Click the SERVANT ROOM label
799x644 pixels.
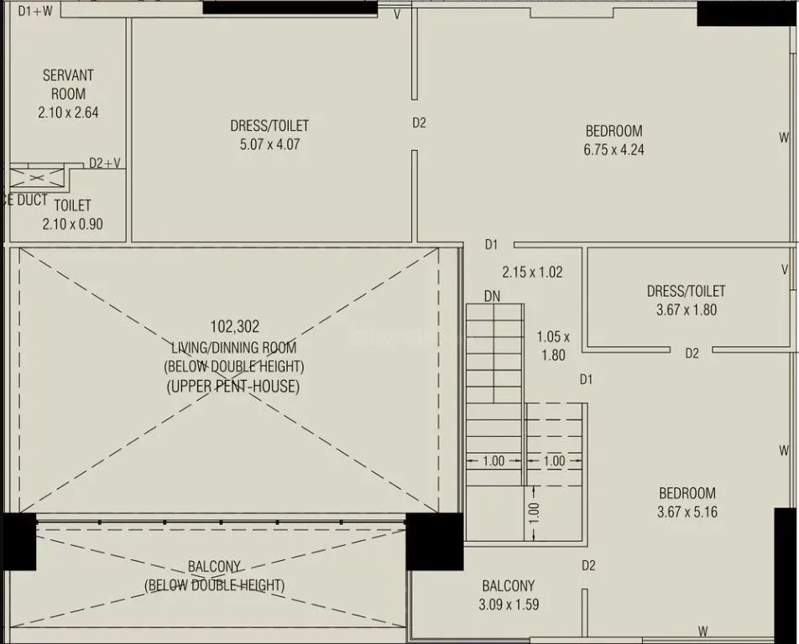point(68,85)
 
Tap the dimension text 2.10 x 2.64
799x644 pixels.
point(68,112)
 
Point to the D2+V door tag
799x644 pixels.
point(105,164)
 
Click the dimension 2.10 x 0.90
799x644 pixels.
point(72,224)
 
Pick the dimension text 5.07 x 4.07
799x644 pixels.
point(269,144)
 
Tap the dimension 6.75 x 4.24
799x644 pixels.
point(614,150)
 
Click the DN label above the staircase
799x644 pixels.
point(493,296)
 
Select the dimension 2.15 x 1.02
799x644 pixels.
point(532,272)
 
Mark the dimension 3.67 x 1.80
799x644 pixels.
point(686,309)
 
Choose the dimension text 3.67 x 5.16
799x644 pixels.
point(687,512)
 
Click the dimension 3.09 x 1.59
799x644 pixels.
point(508,604)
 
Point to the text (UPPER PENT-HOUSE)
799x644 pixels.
point(233,387)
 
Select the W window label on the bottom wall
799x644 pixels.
point(702,631)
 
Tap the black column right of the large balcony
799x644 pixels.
point(434,541)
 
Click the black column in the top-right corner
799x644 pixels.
point(747,13)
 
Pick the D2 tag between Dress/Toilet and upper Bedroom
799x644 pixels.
point(419,122)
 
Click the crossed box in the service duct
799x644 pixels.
point(35,177)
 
